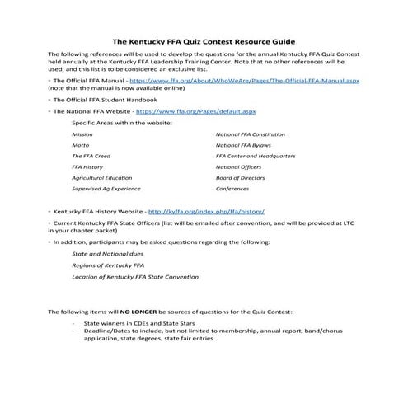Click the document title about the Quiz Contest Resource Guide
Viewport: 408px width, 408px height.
coord(203,40)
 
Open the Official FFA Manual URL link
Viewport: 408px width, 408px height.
coord(245,82)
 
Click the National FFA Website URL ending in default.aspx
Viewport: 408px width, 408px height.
coord(195,110)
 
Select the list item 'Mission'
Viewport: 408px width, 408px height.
coord(82,133)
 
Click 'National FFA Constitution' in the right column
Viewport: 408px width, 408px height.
coord(250,133)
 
